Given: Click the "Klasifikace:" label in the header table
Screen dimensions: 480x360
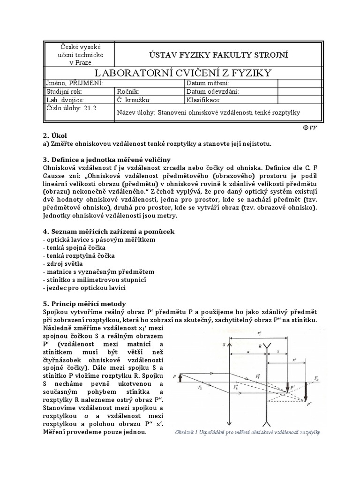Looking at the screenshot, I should coord(203,100).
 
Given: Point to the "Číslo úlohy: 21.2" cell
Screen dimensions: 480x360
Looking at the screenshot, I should coord(70,108).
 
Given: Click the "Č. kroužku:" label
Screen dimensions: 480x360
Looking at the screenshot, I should coord(135,100).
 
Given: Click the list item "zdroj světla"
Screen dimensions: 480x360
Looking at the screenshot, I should coord(61,264).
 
